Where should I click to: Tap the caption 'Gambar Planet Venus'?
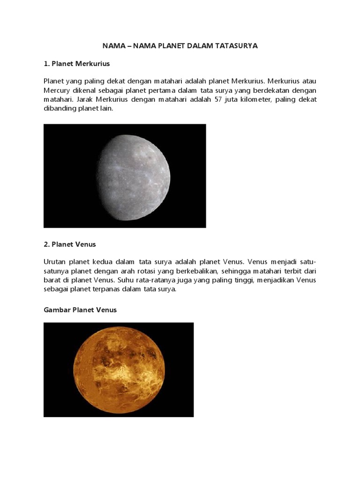[80, 310]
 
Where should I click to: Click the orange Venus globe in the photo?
[119, 370]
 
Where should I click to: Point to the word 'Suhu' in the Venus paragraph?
[125, 280]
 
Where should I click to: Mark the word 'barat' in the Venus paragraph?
[52, 280]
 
